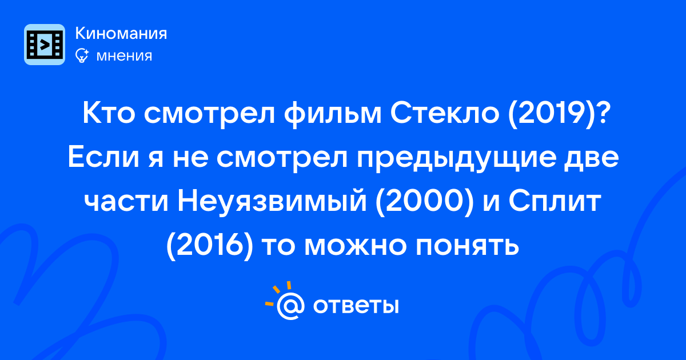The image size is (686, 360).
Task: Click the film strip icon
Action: coord(45,45)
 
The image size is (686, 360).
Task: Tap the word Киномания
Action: coord(121,33)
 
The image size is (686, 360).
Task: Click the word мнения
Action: coord(125,56)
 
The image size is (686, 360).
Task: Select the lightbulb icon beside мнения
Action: coord(82,55)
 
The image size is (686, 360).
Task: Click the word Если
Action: coord(103,158)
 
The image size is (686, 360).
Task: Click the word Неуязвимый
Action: coord(272,202)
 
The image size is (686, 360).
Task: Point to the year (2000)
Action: coord(425,202)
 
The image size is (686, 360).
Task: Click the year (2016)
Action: coord(210,246)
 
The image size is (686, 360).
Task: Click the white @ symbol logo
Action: coord(290,306)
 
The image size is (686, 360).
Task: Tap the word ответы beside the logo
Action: coord(356,306)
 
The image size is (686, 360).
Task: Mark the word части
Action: coord(126,202)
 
